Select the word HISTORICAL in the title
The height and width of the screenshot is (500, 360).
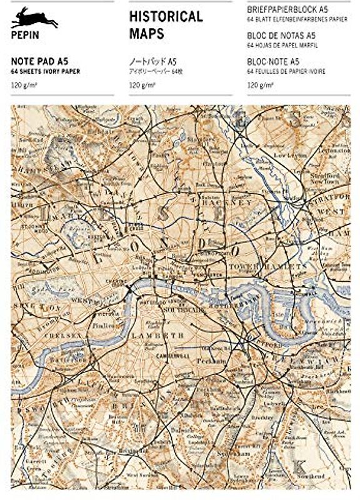(166, 17)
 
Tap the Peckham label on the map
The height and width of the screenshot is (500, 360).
(216, 363)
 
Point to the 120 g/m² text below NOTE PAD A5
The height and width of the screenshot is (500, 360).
(24, 84)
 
